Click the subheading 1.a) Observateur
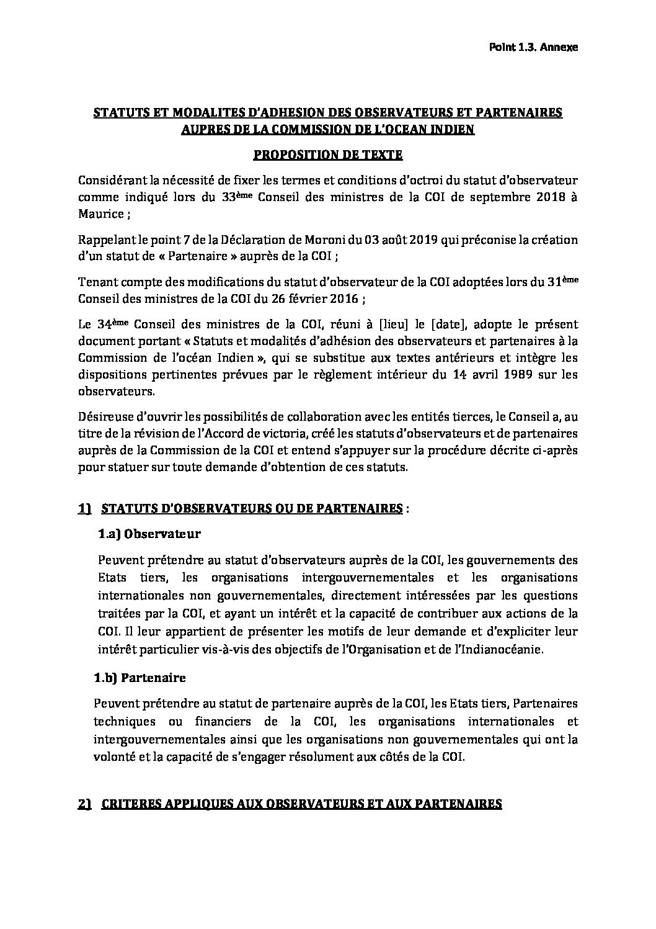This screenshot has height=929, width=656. click(149, 534)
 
